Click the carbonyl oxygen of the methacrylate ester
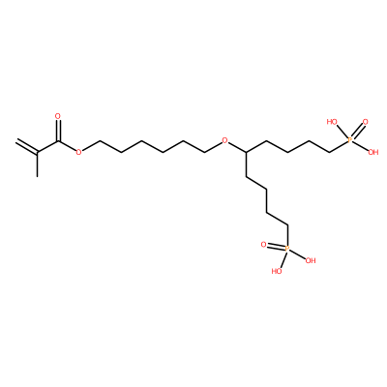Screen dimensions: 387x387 point(58,116)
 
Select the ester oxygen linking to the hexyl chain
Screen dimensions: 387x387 point(78,152)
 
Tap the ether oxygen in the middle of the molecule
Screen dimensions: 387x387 point(225,140)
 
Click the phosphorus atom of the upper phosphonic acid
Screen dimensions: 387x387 point(350,140)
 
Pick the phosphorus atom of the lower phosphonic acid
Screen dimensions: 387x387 point(287,249)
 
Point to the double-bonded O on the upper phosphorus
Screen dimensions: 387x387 point(365,122)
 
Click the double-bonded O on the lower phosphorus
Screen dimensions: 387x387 point(264,245)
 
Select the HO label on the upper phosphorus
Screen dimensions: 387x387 point(332,122)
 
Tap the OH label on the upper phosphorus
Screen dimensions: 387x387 point(373,152)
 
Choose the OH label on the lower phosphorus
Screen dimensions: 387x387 point(311,260)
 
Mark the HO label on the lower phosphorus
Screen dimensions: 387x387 point(277,271)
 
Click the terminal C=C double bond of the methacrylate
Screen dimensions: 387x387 point(27,146)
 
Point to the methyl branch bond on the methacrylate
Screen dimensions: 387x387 point(38,164)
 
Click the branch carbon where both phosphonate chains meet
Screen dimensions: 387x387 point(246,152)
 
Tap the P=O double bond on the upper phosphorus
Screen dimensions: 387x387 point(357,132)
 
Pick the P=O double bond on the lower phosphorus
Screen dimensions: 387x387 point(276,247)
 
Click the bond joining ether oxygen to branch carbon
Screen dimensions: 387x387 point(237,147)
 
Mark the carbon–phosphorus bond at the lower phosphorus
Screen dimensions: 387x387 point(287,235)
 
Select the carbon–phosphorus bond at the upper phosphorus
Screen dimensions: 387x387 point(339,146)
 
